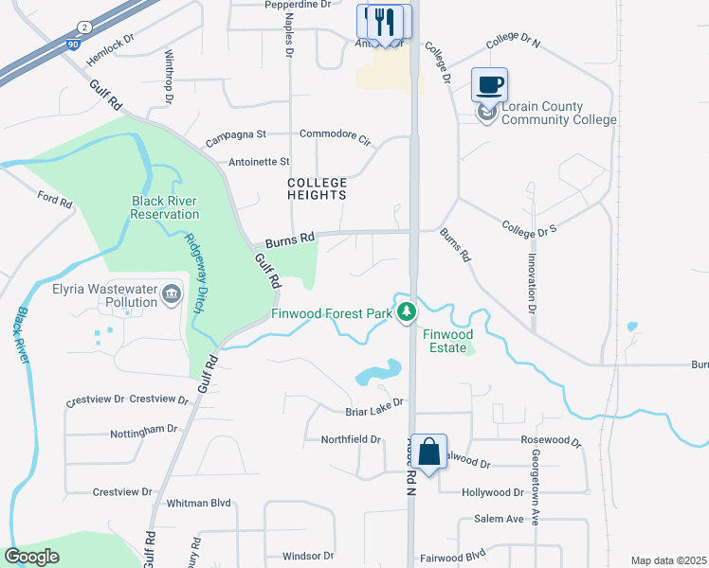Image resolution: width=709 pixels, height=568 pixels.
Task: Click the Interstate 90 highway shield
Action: [x=74, y=44]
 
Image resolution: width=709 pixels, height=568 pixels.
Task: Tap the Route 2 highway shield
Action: [x=84, y=27]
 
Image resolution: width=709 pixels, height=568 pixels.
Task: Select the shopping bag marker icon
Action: [x=428, y=452]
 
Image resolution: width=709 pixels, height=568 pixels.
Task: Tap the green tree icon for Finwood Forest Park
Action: [x=407, y=311]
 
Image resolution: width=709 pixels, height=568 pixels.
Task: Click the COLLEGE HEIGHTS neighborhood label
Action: [x=318, y=187]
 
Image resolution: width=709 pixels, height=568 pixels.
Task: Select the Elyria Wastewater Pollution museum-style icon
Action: [x=172, y=294]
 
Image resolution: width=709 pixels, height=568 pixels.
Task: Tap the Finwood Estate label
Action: [x=446, y=341]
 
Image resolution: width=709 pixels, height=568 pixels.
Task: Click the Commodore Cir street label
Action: [x=335, y=135]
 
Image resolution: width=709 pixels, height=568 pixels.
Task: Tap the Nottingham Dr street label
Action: [x=143, y=429]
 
